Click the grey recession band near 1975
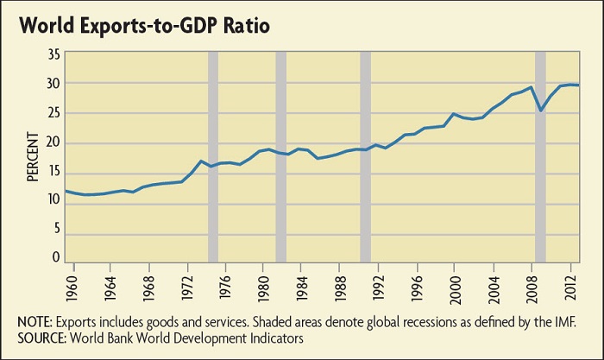pos(213,155)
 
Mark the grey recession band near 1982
pos(280,155)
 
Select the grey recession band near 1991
pos(365,155)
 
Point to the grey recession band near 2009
pos(541,155)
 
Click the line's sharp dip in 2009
pos(541,111)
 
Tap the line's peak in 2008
pos(532,86)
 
